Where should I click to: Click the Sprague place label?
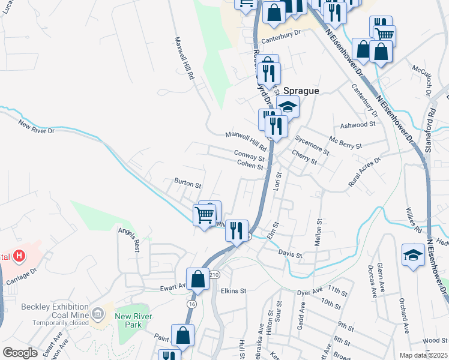point(301,91)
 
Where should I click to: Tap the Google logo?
point(20,353)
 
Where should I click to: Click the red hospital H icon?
point(20,257)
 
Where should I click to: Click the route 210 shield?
point(215,275)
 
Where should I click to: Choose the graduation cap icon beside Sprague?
point(288,107)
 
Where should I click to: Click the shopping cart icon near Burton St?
point(205,214)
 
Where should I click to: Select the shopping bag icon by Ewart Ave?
point(197,279)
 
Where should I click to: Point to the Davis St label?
point(291,254)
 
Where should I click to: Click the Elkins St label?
point(234,291)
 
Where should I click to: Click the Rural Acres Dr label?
point(364,172)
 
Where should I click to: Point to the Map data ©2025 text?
point(424,355)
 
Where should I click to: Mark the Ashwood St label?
point(357,124)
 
